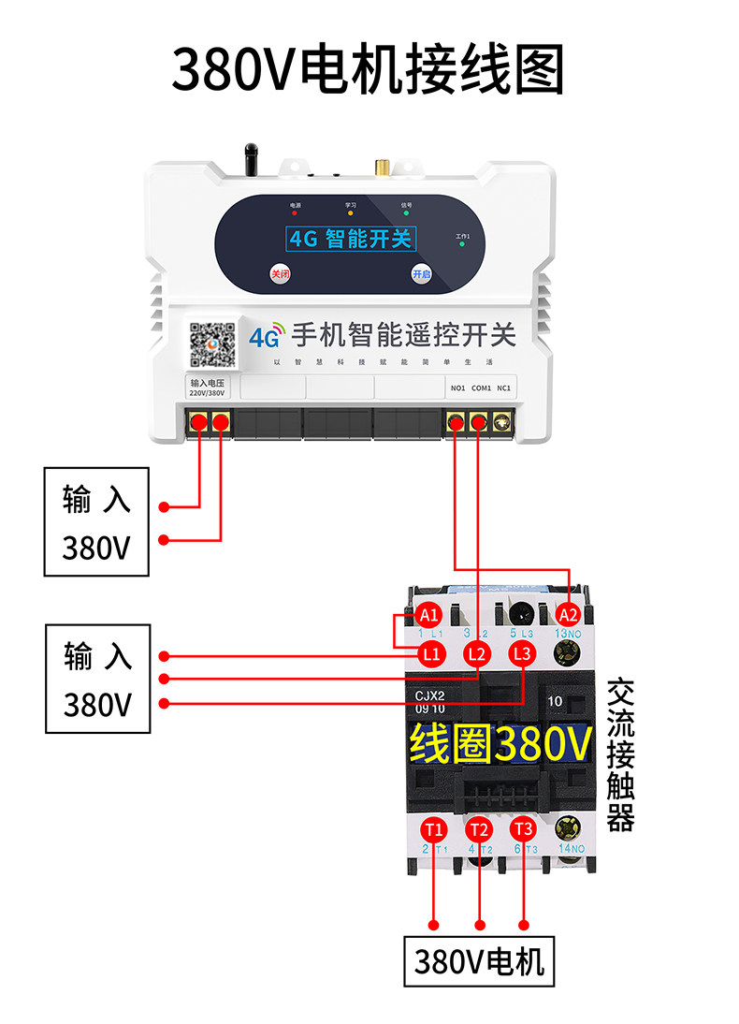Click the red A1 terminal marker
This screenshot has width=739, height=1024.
pyautogui.click(x=429, y=615)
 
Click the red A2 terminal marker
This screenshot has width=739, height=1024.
pyautogui.click(x=568, y=615)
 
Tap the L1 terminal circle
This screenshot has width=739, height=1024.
pyautogui.click(x=431, y=654)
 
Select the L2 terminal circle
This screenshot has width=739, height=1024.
pyautogui.click(x=477, y=654)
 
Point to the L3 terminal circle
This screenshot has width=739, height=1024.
pyautogui.click(x=523, y=654)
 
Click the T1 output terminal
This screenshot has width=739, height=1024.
pyautogui.click(x=433, y=829)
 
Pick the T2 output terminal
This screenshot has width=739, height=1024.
pyautogui.click(x=479, y=829)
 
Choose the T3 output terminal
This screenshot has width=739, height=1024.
pyautogui.click(x=523, y=829)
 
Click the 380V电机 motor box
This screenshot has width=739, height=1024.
pyautogui.click(x=479, y=961)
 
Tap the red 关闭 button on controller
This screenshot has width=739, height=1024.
pyautogui.click(x=280, y=274)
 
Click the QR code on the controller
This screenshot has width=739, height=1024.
pyautogui.click(x=212, y=345)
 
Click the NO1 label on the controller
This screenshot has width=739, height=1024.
pyautogui.click(x=457, y=388)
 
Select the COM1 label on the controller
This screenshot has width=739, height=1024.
pyautogui.click(x=481, y=388)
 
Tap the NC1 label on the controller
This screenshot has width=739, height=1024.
pyautogui.click(x=504, y=388)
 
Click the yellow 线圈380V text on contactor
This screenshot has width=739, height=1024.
pyautogui.click(x=500, y=744)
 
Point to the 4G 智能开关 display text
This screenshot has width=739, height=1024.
pyautogui.click(x=350, y=239)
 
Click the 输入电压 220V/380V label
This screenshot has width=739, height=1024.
pyautogui.click(x=208, y=388)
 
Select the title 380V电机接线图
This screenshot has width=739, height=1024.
pyautogui.click(x=369, y=70)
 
